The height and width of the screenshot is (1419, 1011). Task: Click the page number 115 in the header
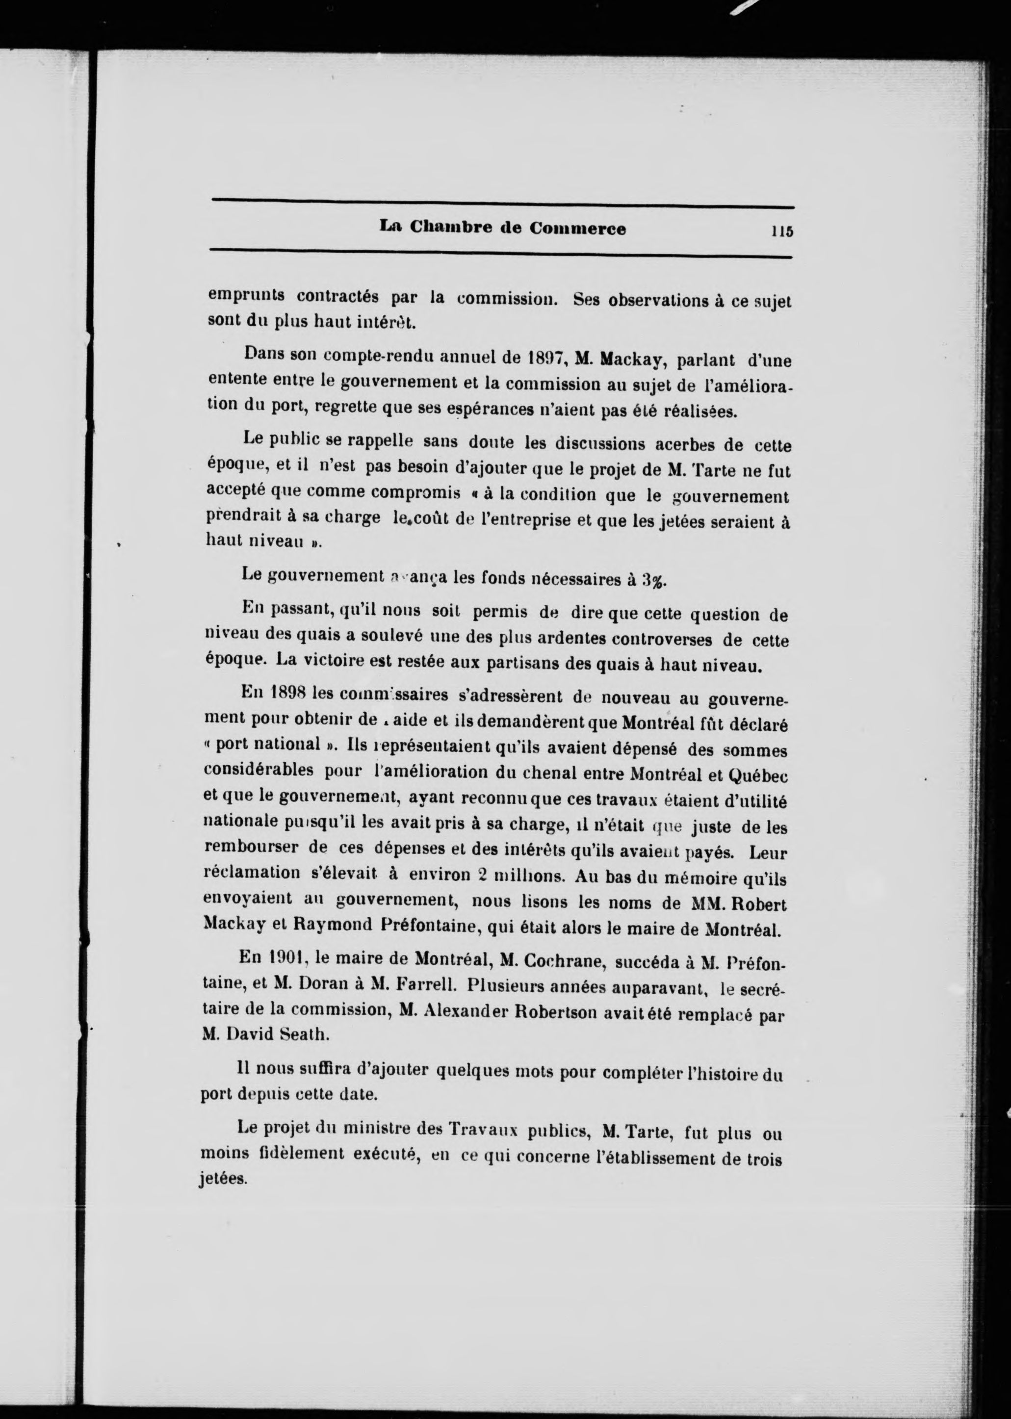click(x=782, y=230)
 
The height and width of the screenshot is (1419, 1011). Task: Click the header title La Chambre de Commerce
click(x=503, y=229)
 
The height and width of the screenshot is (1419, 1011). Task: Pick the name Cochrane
click(x=564, y=961)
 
